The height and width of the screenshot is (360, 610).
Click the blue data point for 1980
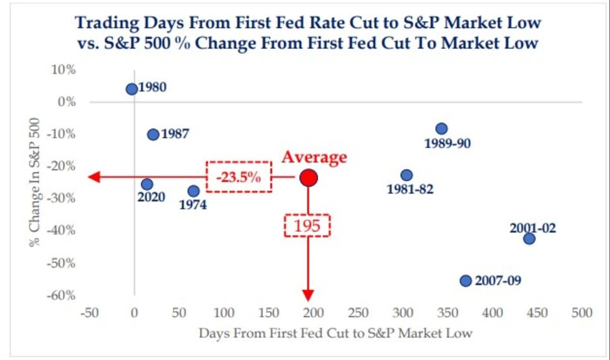[132, 89]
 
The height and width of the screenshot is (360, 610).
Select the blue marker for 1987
[153, 134]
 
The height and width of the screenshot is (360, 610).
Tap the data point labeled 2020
[147, 184]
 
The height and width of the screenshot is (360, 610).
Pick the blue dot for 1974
[193, 191]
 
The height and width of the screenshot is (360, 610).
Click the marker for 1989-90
[441, 129]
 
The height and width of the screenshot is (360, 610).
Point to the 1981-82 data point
[407, 175]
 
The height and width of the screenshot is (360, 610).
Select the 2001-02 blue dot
[529, 239]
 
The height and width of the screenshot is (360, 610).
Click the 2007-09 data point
[466, 281]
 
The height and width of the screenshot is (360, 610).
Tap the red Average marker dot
[308, 177]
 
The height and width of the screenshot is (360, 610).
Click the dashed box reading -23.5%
[239, 177]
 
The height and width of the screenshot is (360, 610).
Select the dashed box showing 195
[308, 225]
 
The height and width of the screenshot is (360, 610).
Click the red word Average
[314, 157]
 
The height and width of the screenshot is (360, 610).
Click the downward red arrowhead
[308, 295]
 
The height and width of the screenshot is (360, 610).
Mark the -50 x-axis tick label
[90, 313]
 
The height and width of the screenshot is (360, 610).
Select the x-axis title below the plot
[335, 334]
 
